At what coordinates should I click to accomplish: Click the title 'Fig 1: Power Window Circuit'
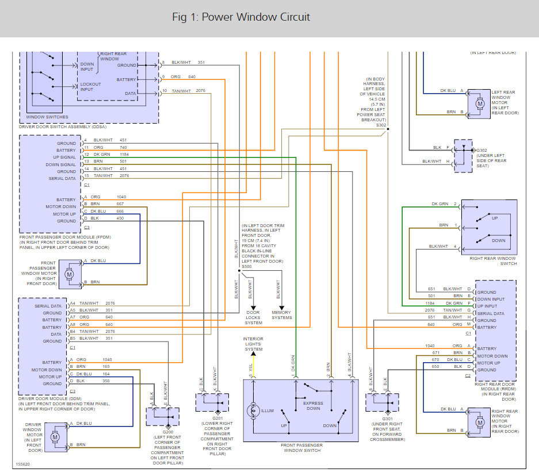pyautogui.click(x=241, y=17)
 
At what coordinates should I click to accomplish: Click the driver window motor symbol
pyautogui.click(x=55, y=437)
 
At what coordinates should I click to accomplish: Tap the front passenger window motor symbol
pyautogui.click(x=70, y=274)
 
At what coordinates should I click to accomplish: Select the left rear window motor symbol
pyautogui.click(x=480, y=103)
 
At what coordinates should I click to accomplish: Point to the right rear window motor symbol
pyautogui.click(x=480, y=422)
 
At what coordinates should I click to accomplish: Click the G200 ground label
pyautogui.click(x=168, y=432)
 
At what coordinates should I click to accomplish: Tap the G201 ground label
pyautogui.click(x=217, y=418)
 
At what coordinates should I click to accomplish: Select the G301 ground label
pyautogui.click(x=387, y=419)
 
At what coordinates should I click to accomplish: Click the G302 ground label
pyautogui.click(x=481, y=151)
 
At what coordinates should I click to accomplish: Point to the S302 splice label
pyautogui.click(x=381, y=125)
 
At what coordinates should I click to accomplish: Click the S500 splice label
pyautogui.click(x=246, y=267)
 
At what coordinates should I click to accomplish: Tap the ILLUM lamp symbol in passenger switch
pyautogui.click(x=253, y=410)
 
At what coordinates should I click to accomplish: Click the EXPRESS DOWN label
pyautogui.click(x=313, y=406)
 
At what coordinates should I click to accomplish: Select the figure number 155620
pyautogui.click(x=23, y=465)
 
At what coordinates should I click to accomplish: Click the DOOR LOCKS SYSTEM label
pyautogui.click(x=253, y=318)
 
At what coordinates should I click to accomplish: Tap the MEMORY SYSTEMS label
pyautogui.click(x=281, y=315)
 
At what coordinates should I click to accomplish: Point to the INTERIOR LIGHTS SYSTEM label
pyautogui.click(x=253, y=344)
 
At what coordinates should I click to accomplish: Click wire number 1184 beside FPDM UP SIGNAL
pyautogui.click(x=124, y=155)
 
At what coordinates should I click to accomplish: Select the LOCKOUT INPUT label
pyautogui.click(x=90, y=87)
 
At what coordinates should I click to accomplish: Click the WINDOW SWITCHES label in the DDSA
pyautogui.click(x=47, y=117)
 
